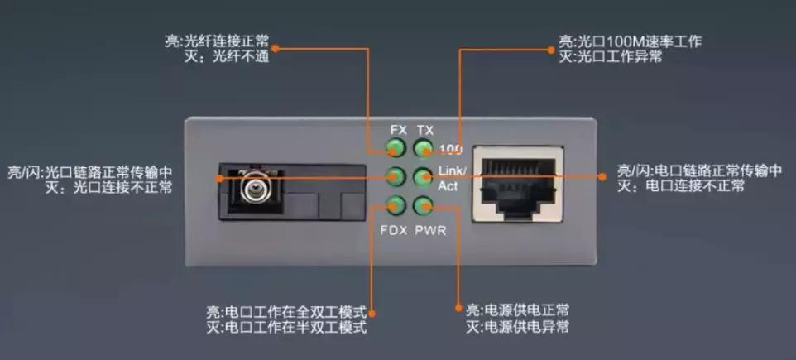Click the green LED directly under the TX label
point(424,149)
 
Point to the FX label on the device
point(398,130)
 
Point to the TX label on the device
point(424,130)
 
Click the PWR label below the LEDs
point(430,230)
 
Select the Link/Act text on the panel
point(452,178)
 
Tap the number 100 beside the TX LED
point(451,150)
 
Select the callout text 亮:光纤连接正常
point(218,40)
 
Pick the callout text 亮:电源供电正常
point(517,310)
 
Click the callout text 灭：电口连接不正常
point(681,186)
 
